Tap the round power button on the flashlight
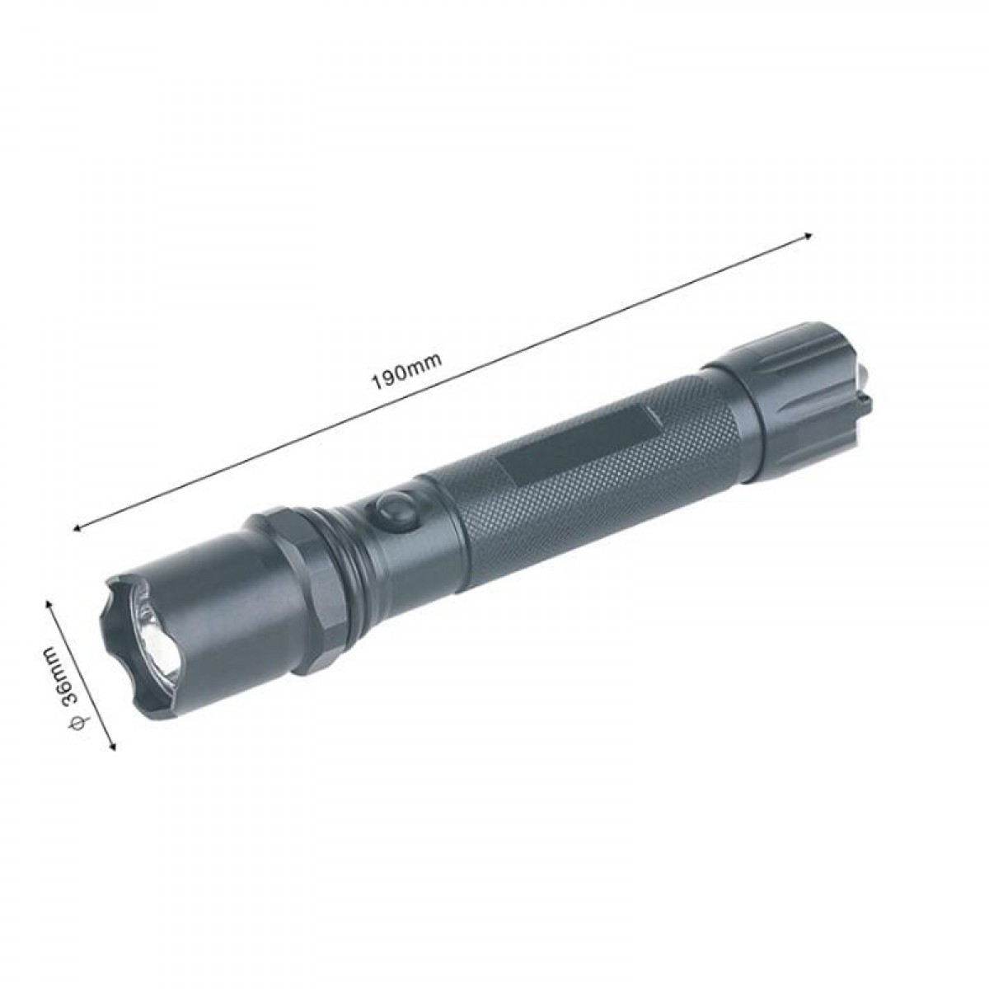394,509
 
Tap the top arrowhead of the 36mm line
49,602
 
